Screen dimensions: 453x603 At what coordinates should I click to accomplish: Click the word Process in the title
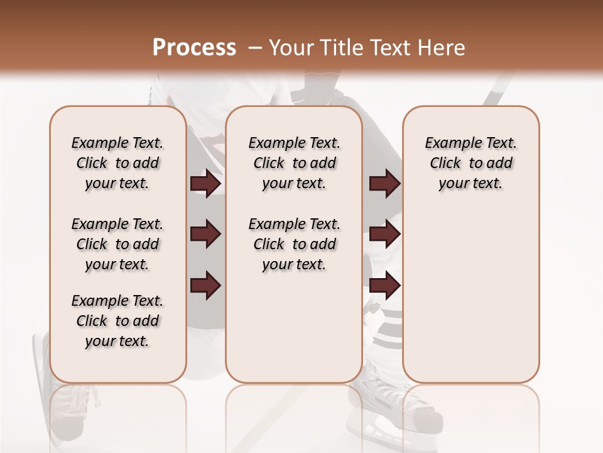click(x=194, y=47)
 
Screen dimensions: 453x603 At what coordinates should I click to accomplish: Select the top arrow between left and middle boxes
click(x=205, y=184)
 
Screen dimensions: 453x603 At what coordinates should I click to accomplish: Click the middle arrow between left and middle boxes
click(x=205, y=234)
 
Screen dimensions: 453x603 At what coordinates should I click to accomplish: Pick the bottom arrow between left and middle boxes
click(x=205, y=284)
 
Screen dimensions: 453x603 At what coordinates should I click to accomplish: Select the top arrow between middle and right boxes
click(x=384, y=184)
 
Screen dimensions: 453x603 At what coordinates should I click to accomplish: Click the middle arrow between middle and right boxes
click(x=384, y=234)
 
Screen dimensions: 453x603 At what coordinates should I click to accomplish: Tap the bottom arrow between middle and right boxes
click(x=384, y=284)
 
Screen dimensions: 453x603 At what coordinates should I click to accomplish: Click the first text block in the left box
click(x=117, y=163)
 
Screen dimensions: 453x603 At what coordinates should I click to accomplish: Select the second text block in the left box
click(x=117, y=244)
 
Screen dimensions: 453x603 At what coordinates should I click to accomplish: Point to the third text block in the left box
click(x=117, y=321)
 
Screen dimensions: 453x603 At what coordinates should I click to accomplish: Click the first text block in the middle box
click(x=294, y=163)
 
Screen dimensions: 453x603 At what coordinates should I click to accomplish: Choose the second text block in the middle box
click(x=294, y=244)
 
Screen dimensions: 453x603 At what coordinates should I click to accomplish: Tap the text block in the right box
click(x=470, y=163)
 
